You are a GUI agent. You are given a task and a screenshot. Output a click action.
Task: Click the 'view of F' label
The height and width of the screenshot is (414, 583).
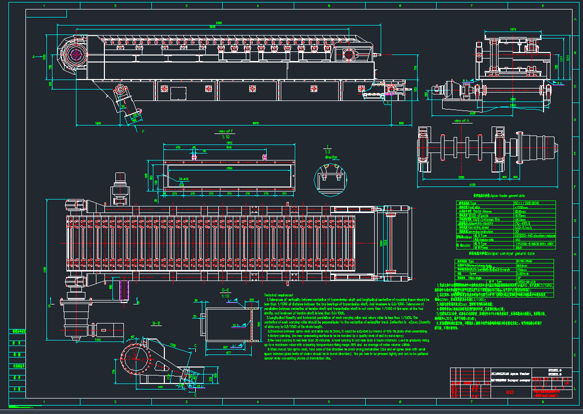tap(223, 131)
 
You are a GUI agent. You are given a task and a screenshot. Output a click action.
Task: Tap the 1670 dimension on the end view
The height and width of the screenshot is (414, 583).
tap(513, 30)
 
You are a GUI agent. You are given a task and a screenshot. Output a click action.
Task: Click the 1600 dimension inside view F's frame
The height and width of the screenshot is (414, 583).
tap(229, 168)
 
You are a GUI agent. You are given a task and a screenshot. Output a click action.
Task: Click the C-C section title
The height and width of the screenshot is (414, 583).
tap(225, 290)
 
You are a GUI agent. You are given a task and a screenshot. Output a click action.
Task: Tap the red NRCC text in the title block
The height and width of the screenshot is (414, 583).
tap(510, 393)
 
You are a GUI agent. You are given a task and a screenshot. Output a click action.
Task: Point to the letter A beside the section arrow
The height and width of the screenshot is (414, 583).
tap(33, 57)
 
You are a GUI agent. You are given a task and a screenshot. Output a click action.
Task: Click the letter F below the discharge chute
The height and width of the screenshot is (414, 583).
tap(143, 131)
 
